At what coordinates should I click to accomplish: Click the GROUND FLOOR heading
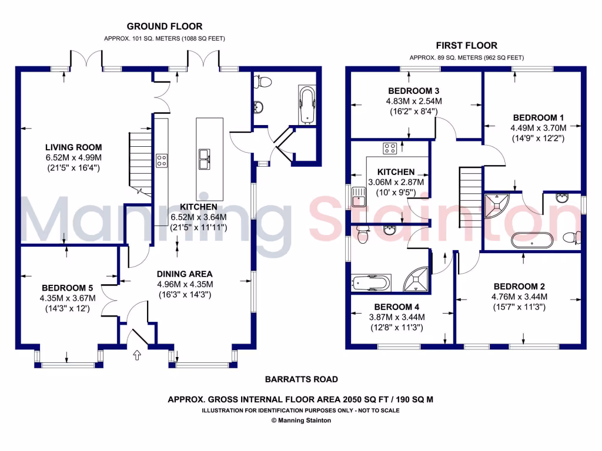pos(165,26)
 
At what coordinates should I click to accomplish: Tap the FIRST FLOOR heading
pos(466,45)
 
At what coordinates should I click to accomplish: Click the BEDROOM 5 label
pos(68,288)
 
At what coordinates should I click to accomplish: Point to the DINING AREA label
pos(185,274)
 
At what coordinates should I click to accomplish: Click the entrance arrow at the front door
pos(138,355)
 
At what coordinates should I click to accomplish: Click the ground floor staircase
pos(141,162)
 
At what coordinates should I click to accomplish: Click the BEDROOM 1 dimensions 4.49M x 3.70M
pos(539,128)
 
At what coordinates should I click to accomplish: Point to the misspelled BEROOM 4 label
pos(397,307)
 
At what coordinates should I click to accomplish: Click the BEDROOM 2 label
pos(519,286)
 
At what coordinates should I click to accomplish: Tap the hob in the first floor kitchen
pos(390,148)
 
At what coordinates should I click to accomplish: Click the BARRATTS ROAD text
pos(301,379)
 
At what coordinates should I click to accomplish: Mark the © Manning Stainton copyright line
pos(301,420)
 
